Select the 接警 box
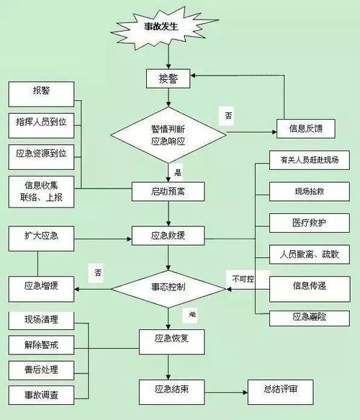point(168,77)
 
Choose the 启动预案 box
point(168,191)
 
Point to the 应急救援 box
point(168,236)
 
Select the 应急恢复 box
point(168,338)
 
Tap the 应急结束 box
point(168,390)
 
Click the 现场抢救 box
point(309,191)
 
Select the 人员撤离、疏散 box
point(309,254)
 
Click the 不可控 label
point(243,277)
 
